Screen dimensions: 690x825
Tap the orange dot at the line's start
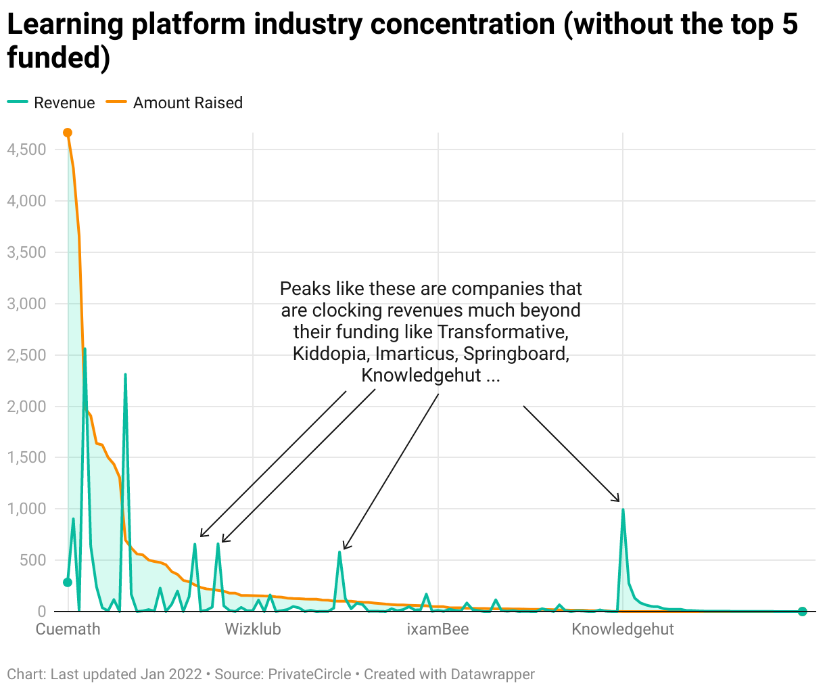click(x=68, y=133)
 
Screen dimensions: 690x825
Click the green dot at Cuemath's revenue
click(x=68, y=582)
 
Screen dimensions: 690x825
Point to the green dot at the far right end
click(x=802, y=612)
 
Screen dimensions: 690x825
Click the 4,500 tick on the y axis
click(x=27, y=149)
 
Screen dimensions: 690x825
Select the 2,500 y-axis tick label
click(x=27, y=355)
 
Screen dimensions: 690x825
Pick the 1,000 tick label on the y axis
click(x=27, y=509)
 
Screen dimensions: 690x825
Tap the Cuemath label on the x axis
click(x=68, y=629)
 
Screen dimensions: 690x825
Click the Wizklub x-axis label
click(x=253, y=629)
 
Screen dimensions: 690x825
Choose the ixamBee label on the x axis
click(x=438, y=629)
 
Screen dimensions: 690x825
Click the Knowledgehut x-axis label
click(x=623, y=629)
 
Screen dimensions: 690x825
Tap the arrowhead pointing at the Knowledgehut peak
click(x=616, y=499)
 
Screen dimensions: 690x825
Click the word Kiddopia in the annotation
click(x=331, y=354)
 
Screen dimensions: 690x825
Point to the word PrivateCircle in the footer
click(x=310, y=674)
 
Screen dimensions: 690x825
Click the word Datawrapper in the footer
click(x=493, y=674)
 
